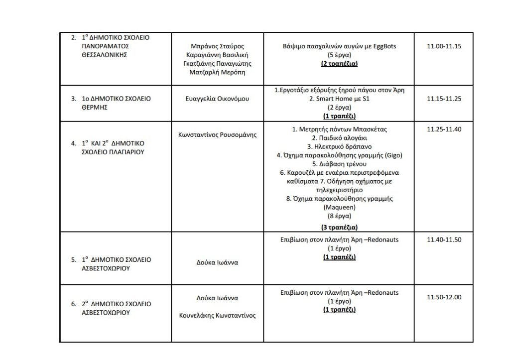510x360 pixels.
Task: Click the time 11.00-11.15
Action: coord(444,46)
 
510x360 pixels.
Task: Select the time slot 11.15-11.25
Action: coord(444,99)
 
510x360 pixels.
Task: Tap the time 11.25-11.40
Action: coord(444,129)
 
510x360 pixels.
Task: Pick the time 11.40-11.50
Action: coord(444,240)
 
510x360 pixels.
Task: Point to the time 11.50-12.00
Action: coord(444,297)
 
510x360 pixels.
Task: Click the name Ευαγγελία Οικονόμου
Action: coord(217,99)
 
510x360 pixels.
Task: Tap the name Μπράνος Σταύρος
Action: coord(217,46)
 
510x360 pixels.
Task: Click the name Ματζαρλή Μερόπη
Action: coord(217,72)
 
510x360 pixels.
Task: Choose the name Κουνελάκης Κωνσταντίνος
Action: coord(217,316)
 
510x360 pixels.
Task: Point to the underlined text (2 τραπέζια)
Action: coord(339,64)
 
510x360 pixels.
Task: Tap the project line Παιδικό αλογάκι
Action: coord(339,138)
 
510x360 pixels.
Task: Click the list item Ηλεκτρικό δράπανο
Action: coord(339,146)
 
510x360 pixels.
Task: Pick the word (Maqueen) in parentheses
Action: coord(339,207)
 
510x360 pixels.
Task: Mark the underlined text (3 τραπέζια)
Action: coord(339,228)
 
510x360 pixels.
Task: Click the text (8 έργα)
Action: coord(339,216)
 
